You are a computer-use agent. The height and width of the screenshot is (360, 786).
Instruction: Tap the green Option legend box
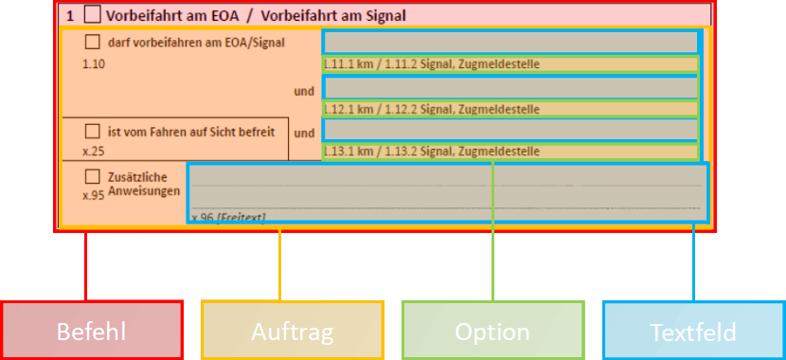pos(492,331)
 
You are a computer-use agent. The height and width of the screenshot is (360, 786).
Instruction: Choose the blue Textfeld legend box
pos(693,331)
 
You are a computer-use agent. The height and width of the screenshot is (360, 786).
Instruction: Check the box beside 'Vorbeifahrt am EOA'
pos(92,15)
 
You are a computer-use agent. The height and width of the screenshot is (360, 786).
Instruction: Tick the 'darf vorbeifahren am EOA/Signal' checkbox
pos(92,42)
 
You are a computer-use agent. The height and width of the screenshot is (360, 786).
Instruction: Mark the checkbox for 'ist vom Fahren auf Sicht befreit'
pos(92,131)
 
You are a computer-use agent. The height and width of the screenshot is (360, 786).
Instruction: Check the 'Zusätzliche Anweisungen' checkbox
pos(92,176)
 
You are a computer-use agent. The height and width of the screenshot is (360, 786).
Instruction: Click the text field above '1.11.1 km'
pos(510,43)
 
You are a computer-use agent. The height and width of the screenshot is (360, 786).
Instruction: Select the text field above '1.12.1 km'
pos(510,87)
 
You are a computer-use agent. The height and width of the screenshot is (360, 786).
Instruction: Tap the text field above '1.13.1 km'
pos(510,130)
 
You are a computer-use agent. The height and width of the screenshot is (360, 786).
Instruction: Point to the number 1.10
pos(96,64)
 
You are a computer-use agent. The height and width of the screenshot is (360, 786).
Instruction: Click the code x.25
pos(93,151)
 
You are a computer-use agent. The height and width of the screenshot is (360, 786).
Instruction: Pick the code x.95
pos(93,194)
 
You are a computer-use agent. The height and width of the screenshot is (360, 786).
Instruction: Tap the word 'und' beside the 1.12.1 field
pos(303,92)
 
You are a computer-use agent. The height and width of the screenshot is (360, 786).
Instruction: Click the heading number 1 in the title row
pos(70,15)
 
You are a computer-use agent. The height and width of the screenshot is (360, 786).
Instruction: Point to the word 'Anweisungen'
pos(144,190)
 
